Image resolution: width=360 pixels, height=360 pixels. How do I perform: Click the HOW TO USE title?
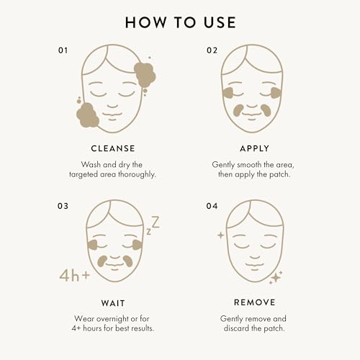pyautogui.click(x=180, y=22)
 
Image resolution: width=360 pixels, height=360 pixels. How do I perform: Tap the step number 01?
pyautogui.click(x=63, y=51)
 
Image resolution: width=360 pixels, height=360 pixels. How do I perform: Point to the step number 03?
pyautogui.click(x=63, y=206)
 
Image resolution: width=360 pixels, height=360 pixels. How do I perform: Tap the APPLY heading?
pyautogui.click(x=251, y=148)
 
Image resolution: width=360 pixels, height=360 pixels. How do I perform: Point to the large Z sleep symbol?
pyautogui.click(x=154, y=222)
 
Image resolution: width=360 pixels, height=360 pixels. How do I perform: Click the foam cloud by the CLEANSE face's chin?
pyautogui.click(x=88, y=115)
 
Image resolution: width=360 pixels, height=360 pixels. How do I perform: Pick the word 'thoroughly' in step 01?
pyautogui.click(x=138, y=175)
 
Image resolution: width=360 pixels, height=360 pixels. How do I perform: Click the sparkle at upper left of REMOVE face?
pyautogui.click(x=220, y=235)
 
